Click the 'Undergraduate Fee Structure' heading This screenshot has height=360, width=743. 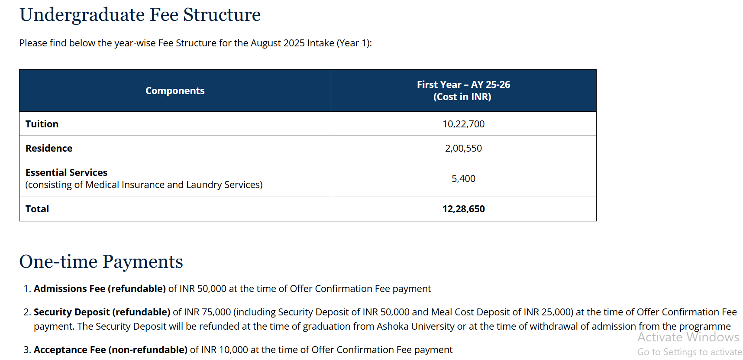coord(140,15)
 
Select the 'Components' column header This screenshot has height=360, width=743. coord(175,91)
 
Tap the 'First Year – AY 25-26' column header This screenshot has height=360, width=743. coord(463,85)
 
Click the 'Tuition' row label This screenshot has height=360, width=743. coord(42,124)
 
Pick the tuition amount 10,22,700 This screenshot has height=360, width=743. coord(463,124)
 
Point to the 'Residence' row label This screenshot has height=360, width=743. coord(49,148)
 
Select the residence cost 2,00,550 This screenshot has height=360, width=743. coord(463,148)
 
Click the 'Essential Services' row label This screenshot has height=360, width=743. coord(66,172)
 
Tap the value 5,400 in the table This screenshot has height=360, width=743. coord(463,178)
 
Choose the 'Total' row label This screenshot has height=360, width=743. coord(37,209)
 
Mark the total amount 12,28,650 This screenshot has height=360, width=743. coord(463,209)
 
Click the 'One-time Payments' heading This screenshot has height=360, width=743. coord(101,262)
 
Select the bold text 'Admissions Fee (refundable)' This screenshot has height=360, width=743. coord(100,289)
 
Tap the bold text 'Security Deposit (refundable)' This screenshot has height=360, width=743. coord(102,312)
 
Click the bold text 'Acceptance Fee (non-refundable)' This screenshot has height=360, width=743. coord(110,350)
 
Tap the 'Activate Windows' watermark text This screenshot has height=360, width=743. coord(688,337)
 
